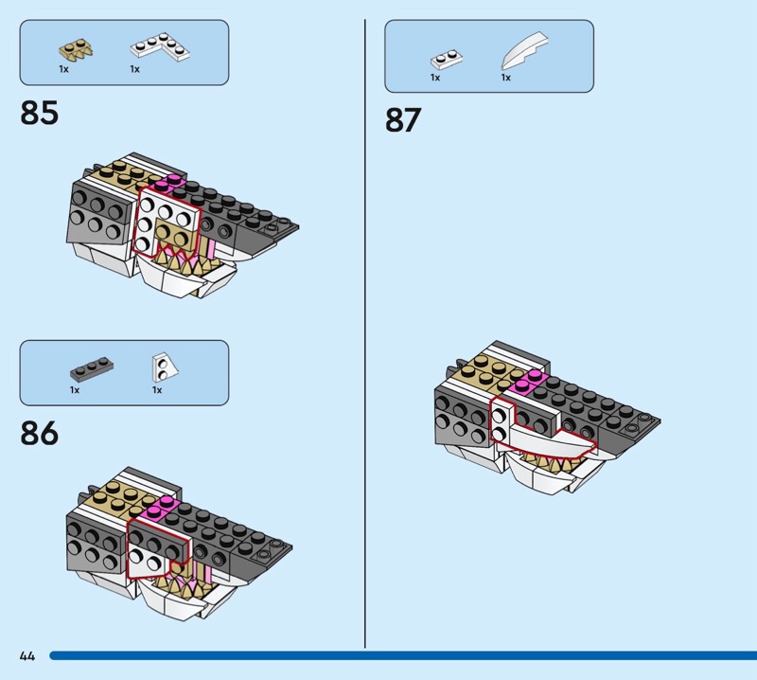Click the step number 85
[39, 113]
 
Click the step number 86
[39, 433]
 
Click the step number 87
[403, 120]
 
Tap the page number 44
[27, 655]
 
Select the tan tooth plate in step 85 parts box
[76, 51]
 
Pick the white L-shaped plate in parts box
[160, 46]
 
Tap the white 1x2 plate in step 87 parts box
[447, 60]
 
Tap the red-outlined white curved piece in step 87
[546, 440]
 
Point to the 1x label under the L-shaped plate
[134, 69]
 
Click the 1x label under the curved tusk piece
[505, 78]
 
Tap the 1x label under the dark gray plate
[75, 390]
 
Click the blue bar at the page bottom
[403, 655]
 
